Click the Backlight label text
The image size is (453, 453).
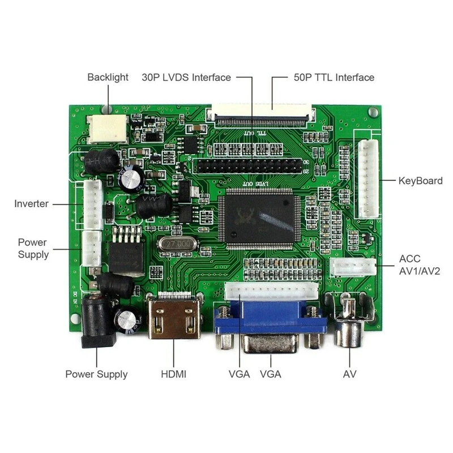(x=108, y=77)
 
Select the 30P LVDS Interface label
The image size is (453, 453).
(x=186, y=77)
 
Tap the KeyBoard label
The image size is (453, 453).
(x=420, y=181)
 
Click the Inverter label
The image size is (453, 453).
(x=32, y=204)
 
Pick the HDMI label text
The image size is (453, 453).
(x=174, y=374)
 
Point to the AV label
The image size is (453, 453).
(x=349, y=374)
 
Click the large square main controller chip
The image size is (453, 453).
(x=260, y=220)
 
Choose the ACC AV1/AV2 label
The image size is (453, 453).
(x=420, y=265)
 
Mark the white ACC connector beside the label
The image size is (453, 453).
(x=354, y=267)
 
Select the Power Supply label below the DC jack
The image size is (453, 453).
(x=96, y=374)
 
